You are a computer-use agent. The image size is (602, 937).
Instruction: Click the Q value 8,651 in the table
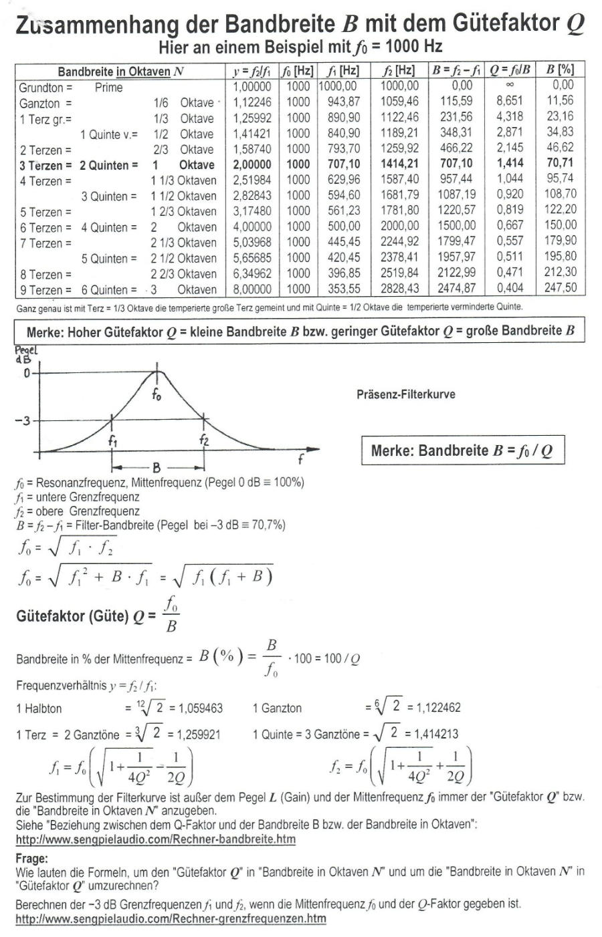[x=510, y=101]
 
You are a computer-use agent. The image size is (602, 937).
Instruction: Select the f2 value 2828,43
[x=399, y=288]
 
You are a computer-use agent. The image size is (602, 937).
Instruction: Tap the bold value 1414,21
[x=399, y=164]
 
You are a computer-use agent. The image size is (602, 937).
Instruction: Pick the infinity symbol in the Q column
[x=510, y=86]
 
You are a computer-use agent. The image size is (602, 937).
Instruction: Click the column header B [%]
[x=559, y=70]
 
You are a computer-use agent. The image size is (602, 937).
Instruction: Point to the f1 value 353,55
[x=344, y=288]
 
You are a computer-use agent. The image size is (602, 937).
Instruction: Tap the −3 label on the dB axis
[x=23, y=421]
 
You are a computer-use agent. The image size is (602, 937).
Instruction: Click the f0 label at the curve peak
[x=156, y=394]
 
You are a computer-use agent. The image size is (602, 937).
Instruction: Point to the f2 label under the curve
[x=203, y=440]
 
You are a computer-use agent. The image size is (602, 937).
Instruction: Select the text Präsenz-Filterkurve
[x=406, y=394]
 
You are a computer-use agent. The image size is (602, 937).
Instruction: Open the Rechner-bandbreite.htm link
[x=155, y=839]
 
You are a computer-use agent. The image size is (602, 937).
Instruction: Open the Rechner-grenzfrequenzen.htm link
[x=171, y=918]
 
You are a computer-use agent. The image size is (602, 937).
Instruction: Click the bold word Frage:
[x=31, y=858]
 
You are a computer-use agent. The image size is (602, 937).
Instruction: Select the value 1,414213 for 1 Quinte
[x=432, y=734]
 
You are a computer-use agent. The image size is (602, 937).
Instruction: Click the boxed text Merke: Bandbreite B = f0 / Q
[x=462, y=450]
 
